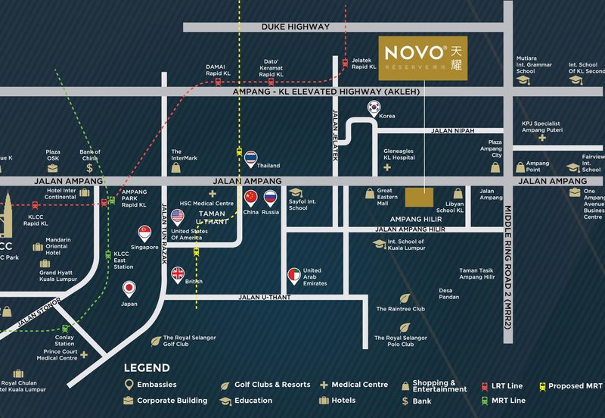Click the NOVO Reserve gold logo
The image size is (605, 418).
(x=422, y=58)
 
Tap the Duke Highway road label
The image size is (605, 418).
(x=296, y=27)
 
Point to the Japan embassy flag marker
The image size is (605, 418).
(x=129, y=289)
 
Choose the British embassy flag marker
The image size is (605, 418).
(x=178, y=273)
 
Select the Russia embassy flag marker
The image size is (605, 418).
(x=270, y=198)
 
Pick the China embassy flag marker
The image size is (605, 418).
(x=251, y=198)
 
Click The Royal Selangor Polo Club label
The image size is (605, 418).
(x=401, y=341)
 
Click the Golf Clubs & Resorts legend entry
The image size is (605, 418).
(x=266, y=385)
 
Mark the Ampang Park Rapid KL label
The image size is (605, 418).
(x=134, y=198)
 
